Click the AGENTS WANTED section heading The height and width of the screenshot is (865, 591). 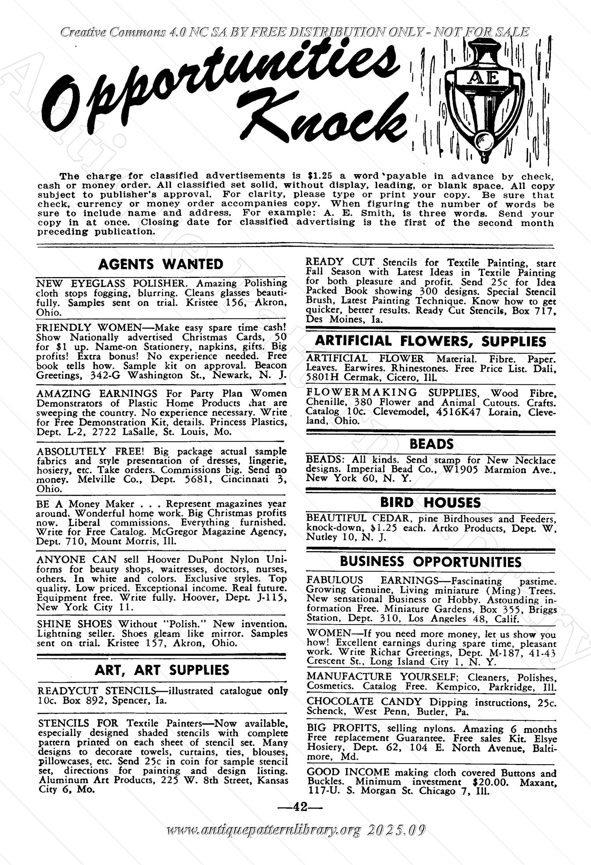[160, 264]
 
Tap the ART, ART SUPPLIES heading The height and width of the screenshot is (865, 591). [162, 670]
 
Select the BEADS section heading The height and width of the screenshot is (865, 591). [431, 444]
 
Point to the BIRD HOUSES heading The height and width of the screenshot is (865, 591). [430, 503]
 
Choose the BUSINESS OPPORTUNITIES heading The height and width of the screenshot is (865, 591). [431, 562]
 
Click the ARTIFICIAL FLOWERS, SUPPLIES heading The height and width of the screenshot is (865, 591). [431, 341]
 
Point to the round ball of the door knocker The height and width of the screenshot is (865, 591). [483, 140]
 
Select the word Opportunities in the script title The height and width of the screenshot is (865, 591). [221, 79]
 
